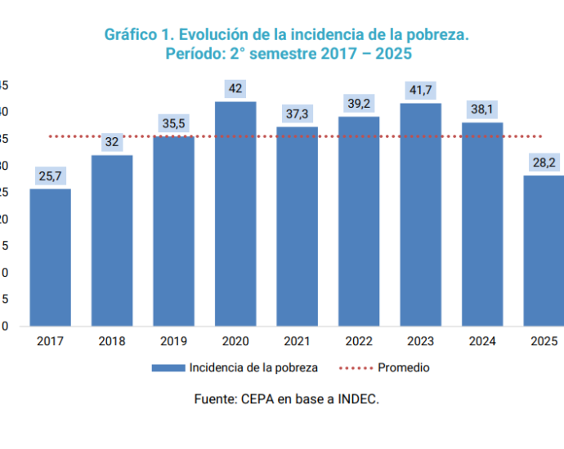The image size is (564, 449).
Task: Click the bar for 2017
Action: click(50, 257)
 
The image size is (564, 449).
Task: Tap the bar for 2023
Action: click(420, 215)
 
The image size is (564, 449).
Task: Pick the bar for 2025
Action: click(544, 251)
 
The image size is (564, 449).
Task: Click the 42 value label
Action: click(235, 88)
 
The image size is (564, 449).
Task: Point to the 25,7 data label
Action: click(50, 176)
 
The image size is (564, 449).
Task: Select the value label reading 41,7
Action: click(421, 90)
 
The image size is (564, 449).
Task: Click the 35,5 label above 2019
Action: click(173, 123)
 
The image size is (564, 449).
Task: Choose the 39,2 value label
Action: click(359, 104)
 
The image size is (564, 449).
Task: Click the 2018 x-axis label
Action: click(111, 341)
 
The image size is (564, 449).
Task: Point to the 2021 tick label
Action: click(297, 341)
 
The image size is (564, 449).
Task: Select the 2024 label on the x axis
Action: click(482, 341)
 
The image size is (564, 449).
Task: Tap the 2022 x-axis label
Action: click(359, 341)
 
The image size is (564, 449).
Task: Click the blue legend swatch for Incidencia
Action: click(168, 368)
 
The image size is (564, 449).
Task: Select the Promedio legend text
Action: click(403, 368)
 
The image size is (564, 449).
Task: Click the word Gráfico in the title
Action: click(130, 35)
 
